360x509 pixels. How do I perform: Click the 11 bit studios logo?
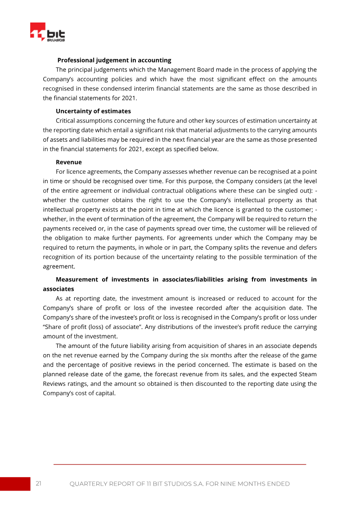click(x=48, y=33)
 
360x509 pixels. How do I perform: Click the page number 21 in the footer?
click(x=39, y=484)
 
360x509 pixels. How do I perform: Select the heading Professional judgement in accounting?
click(x=114, y=60)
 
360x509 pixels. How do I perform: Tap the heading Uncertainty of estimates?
click(x=93, y=111)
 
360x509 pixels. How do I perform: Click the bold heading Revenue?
click(x=69, y=162)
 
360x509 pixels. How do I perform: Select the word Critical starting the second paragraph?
click(x=67, y=121)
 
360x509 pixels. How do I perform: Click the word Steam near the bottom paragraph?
click(x=308, y=374)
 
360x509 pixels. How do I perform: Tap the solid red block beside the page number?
click(x=15, y=484)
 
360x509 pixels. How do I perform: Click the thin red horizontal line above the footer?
click(x=180, y=464)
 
